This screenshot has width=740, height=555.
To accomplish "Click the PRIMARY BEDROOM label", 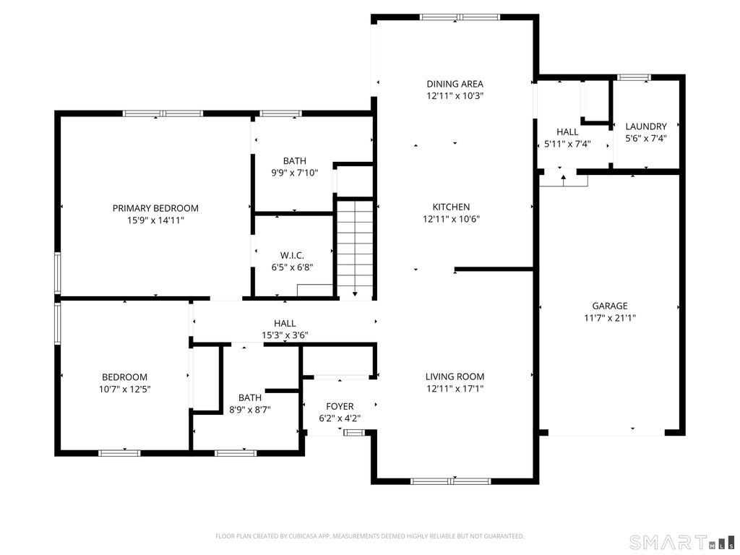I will point(155,208).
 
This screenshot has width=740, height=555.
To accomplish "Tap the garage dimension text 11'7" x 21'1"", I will point(609,317).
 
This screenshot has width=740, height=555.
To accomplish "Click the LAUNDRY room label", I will point(645,126).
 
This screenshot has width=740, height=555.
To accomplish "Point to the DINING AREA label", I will point(455,84).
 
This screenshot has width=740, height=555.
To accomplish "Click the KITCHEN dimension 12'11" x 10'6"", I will point(452,218).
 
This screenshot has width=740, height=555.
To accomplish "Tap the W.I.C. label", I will point(292,255).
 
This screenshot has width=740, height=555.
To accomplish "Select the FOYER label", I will point(340,406).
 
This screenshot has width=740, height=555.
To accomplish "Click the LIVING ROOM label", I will point(455,377).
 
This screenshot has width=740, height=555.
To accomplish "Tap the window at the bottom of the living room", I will point(451,481).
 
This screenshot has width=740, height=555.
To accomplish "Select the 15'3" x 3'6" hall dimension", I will point(285,335).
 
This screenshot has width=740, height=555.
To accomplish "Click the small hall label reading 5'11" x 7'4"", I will point(567,144).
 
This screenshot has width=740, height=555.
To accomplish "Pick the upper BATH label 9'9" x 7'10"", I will point(294,173).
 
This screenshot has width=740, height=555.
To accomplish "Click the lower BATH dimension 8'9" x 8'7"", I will point(250,410).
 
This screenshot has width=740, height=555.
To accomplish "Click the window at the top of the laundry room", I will point(634,77).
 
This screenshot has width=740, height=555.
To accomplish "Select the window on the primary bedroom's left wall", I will point(58,273).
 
